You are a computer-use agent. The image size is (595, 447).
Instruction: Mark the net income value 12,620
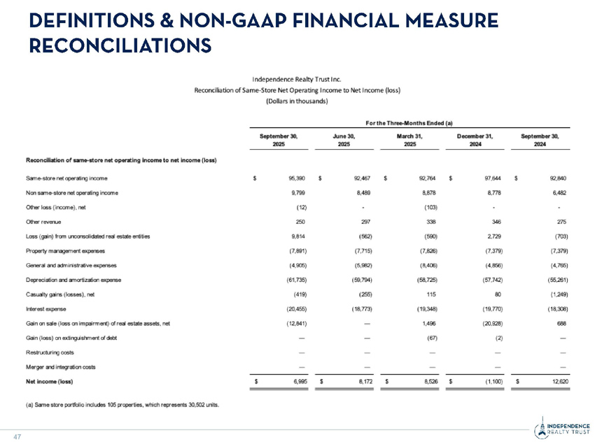[555, 381]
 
